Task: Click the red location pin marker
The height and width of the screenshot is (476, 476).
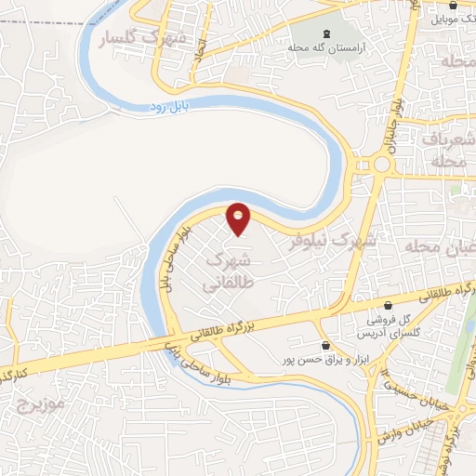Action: pyautogui.click(x=239, y=218)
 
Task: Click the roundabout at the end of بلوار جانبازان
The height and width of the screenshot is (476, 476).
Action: pyautogui.click(x=381, y=165)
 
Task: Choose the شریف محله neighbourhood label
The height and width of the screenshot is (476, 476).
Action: pyautogui.click(x=451, y=149)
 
